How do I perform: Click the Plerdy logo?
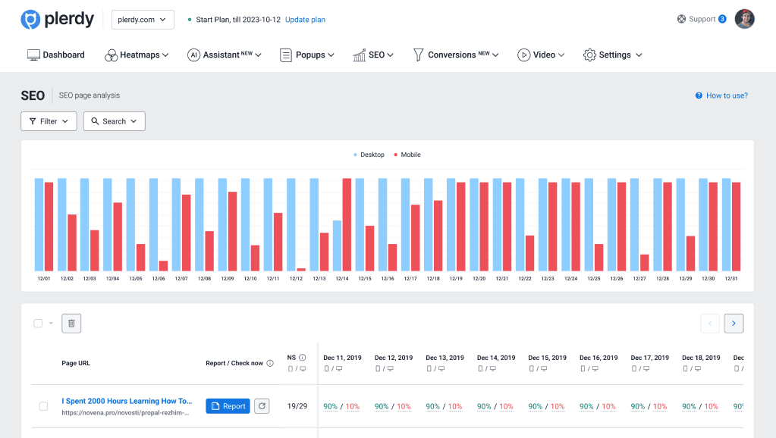(x=57, y=20)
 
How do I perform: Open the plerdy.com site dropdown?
(x=143, y=20)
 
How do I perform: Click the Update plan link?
(x=305, y=20)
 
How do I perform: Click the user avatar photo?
(x=745, y=19)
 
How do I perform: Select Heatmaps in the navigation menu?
(x=137, y=55)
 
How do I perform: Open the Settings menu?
(x=612, y=55)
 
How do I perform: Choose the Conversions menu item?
(x=456, y=55)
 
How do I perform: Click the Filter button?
(x=49, y=121)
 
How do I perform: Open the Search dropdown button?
(x=114, y=121)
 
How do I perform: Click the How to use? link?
(x=721, y=95)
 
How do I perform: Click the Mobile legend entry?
(x=407, y=155)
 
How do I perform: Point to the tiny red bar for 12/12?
(x=301, y=269)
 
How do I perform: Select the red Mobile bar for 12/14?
(x=347, y=224)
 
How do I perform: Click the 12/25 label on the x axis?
(x=594, y=279)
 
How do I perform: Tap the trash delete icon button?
(x=71, y=324)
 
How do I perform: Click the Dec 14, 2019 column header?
(x=496, y=358)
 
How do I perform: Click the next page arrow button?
(x=734, y=324)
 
